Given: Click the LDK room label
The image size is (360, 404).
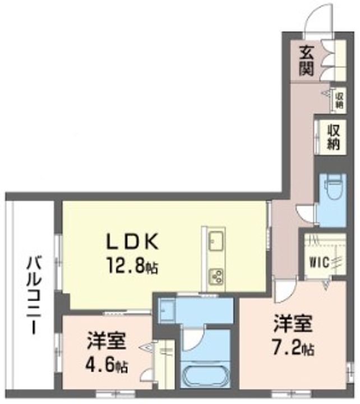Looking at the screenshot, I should click(x=134, y=242).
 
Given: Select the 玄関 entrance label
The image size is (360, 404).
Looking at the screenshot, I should click(x=306, y=61).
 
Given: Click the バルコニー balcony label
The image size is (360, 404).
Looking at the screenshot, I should click(x=32, y=295).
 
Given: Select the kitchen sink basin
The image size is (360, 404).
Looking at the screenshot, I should click(x=215, y=243).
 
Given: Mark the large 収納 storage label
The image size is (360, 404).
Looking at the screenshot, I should click(x=334, y=136).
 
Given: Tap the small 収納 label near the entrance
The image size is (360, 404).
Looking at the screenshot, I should click(x=339, y=99).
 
